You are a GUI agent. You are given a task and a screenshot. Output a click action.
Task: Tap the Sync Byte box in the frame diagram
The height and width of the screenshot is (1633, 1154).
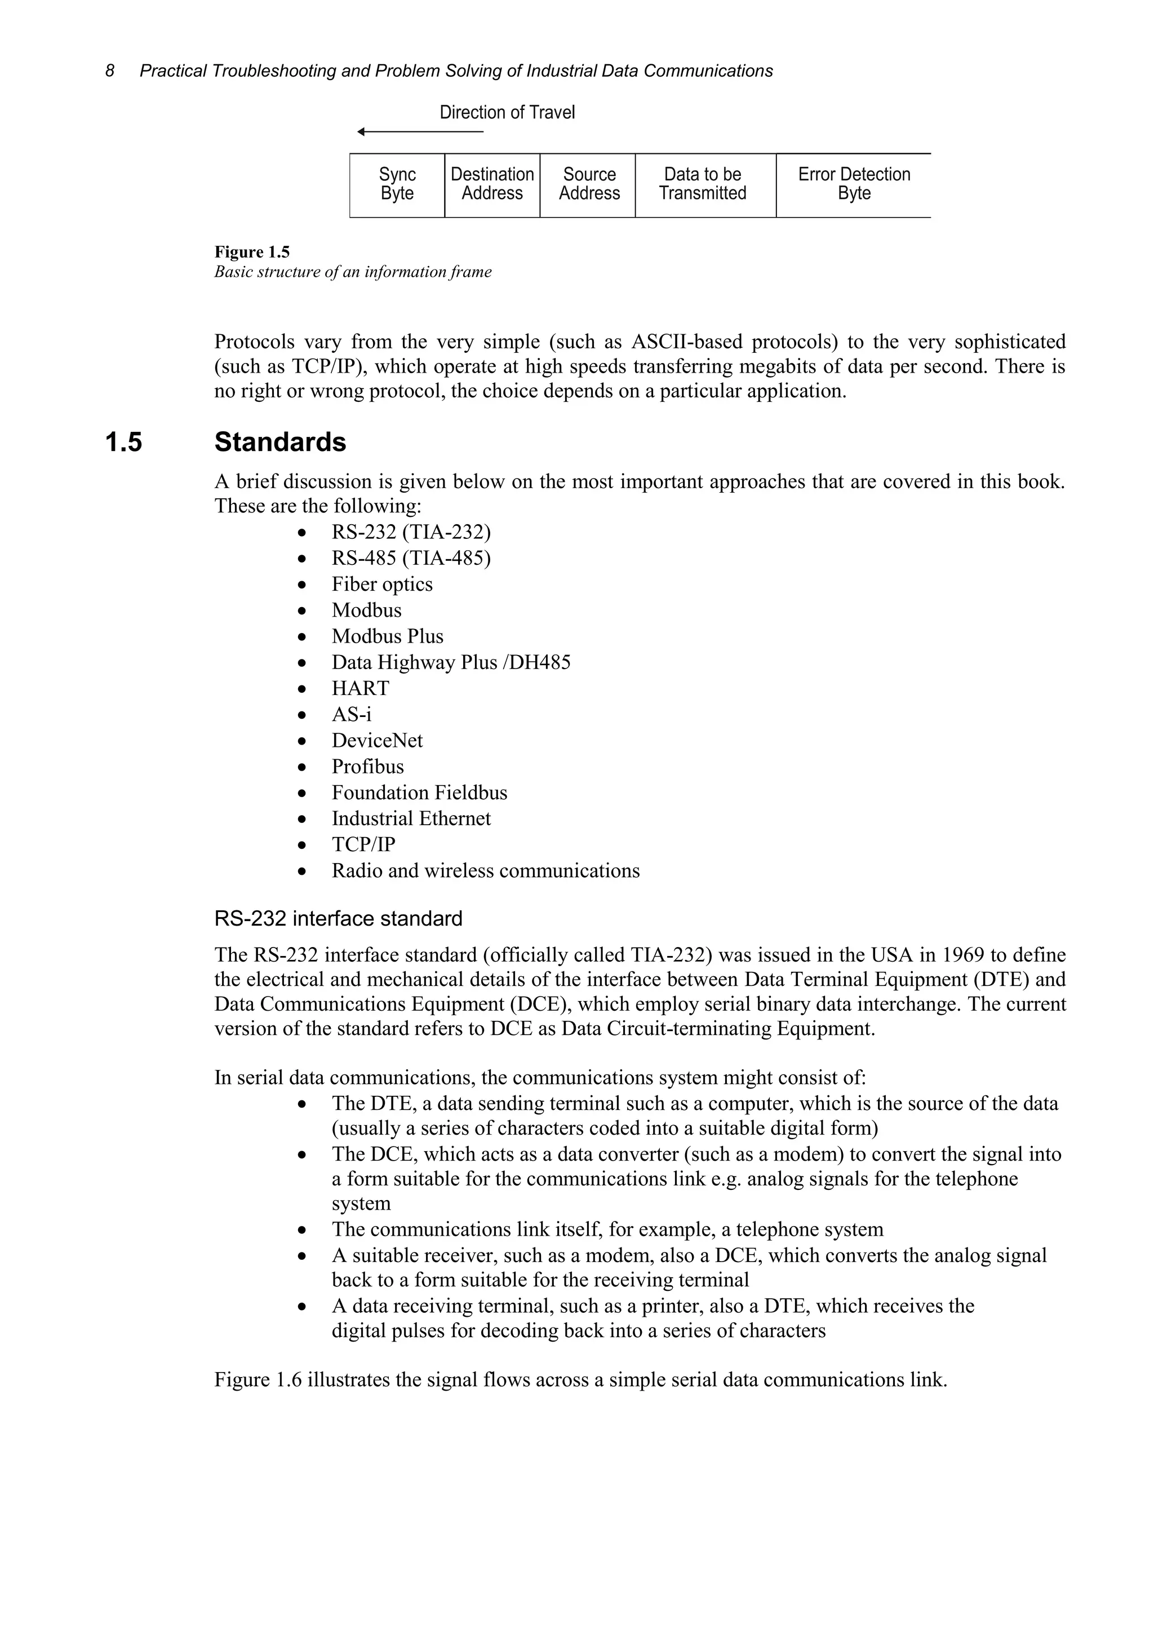(397, 184)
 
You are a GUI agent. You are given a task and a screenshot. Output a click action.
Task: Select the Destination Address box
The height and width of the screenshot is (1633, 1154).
(492, 184)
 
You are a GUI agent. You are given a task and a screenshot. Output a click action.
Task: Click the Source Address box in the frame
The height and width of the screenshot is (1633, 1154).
(588, 184)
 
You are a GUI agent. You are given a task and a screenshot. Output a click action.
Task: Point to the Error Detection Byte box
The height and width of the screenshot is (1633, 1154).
(853, 184)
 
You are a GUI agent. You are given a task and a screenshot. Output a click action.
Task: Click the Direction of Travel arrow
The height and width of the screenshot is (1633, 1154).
(419, 131)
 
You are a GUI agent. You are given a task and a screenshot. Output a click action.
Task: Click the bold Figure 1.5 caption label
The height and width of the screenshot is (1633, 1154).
(252, 252)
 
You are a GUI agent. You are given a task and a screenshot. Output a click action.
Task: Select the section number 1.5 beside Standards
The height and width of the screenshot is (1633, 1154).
(124, 442)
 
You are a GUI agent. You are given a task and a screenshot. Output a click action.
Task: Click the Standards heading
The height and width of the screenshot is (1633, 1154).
(280, 442)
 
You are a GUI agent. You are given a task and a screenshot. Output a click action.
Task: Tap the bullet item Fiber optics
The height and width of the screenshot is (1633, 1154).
(382, 584)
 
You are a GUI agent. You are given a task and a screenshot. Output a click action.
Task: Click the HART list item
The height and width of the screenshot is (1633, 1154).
(360, 688)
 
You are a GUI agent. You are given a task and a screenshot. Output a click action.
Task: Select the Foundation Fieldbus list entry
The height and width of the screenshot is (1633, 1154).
(419, 793)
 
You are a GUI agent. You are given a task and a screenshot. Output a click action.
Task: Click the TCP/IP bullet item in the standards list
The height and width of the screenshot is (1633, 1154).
(363, 844)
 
